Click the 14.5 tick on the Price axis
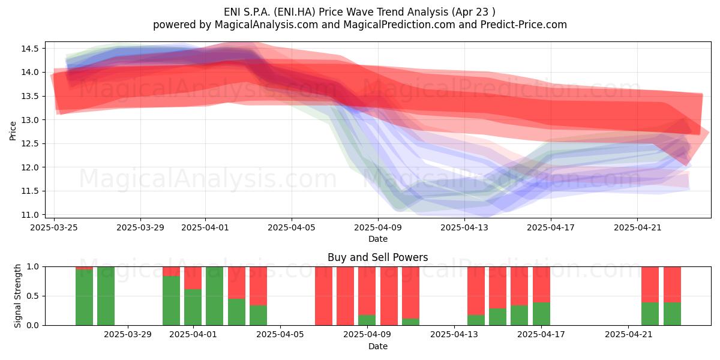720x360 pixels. (29, 49)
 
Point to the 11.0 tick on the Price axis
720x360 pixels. (29, 215)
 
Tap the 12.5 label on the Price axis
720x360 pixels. (29, 143)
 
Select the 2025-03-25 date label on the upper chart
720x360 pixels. (54, 227)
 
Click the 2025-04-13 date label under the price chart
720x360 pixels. (464, 227)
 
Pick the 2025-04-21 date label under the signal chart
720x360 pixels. (629, 335)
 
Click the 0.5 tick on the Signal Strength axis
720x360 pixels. (32, 296)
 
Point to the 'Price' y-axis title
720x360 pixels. (13, 131)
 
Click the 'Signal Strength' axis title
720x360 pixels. (17, 296)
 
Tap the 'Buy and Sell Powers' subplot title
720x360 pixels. (378, 257)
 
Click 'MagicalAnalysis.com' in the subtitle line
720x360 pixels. (266, 25)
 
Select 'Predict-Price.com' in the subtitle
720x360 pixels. (524, 25)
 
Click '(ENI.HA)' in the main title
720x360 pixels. (295, 12)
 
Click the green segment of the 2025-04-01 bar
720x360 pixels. (193, 307)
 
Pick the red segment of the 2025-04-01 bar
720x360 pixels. (193, 278)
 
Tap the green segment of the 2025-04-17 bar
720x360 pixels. (541, 314)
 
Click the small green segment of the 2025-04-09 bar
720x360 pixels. (367, 320)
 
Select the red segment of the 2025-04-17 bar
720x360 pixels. (541, 284)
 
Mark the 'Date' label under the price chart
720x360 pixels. (378, 239)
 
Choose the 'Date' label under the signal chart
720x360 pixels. (378, 346)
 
